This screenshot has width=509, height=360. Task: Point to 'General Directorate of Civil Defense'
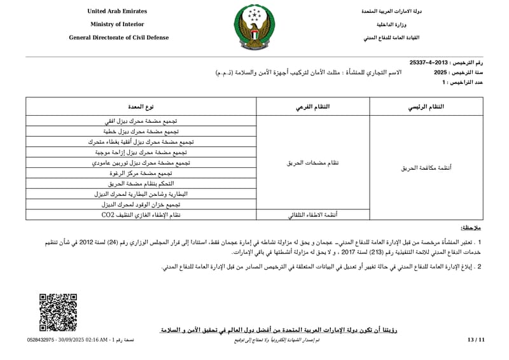(x=118, y=38)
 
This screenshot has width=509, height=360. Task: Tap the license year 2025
(x=441, y=73)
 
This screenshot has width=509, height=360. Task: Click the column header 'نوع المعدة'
(x=141, y=106)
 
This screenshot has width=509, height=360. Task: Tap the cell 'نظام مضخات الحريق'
(x=312, y=163)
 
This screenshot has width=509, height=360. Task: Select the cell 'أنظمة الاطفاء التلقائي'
(x=313, y=215)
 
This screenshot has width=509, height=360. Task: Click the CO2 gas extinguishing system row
(x=141, y=215)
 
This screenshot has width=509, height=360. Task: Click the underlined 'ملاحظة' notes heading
(x=471, y=228)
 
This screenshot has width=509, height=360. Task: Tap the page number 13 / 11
(x=475, y=341)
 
